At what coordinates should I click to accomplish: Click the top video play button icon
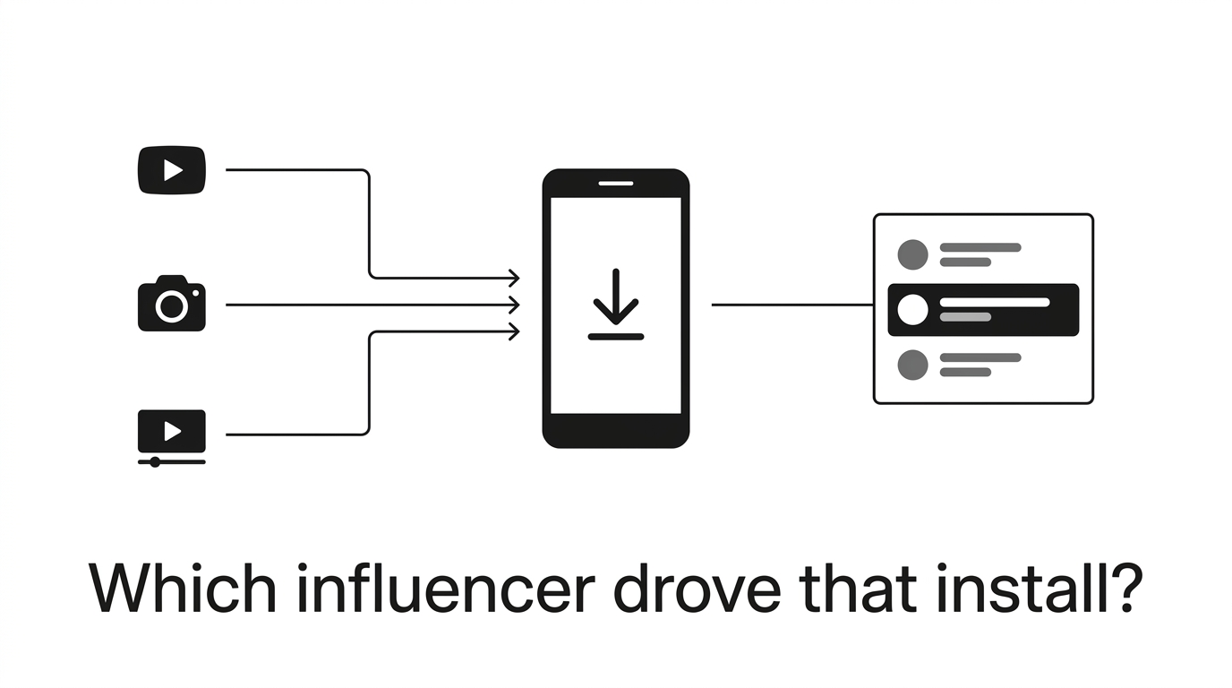pyautogui.click(x=172, y=170)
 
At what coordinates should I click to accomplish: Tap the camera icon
pyautogui.click(x=172, y=304)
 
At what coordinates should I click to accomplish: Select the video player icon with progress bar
pyautogui.click(x=172, y=438)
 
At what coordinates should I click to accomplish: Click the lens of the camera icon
pyautogui.click(x=172, y=305)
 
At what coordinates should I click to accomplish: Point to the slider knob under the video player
pyautogui.click(x=155, y=461)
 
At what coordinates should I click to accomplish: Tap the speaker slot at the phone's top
pyautogui.click(x=616, y=184)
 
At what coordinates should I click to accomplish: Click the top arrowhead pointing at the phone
pyautogui.click(x=514, y=278)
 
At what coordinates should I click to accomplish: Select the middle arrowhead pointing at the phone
pyautogui.click(x=514, y=305)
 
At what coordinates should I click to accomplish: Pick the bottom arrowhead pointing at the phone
pyautogui.click(x=514, y=331)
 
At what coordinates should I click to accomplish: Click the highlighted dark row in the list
pyautogui.click(x=983, y=310)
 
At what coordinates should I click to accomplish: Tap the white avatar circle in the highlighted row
pyautogui.click(x=913, y=309)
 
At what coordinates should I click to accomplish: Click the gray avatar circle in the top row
pyautogui.click(x=913, y=254)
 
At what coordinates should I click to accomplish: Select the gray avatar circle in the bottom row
pyautogui.click(x=913, y=365)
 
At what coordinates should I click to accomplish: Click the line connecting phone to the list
pyautogui.click(x=792, y=305)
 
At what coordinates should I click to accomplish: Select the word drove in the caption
pyautogui.click(x=697, y=588)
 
